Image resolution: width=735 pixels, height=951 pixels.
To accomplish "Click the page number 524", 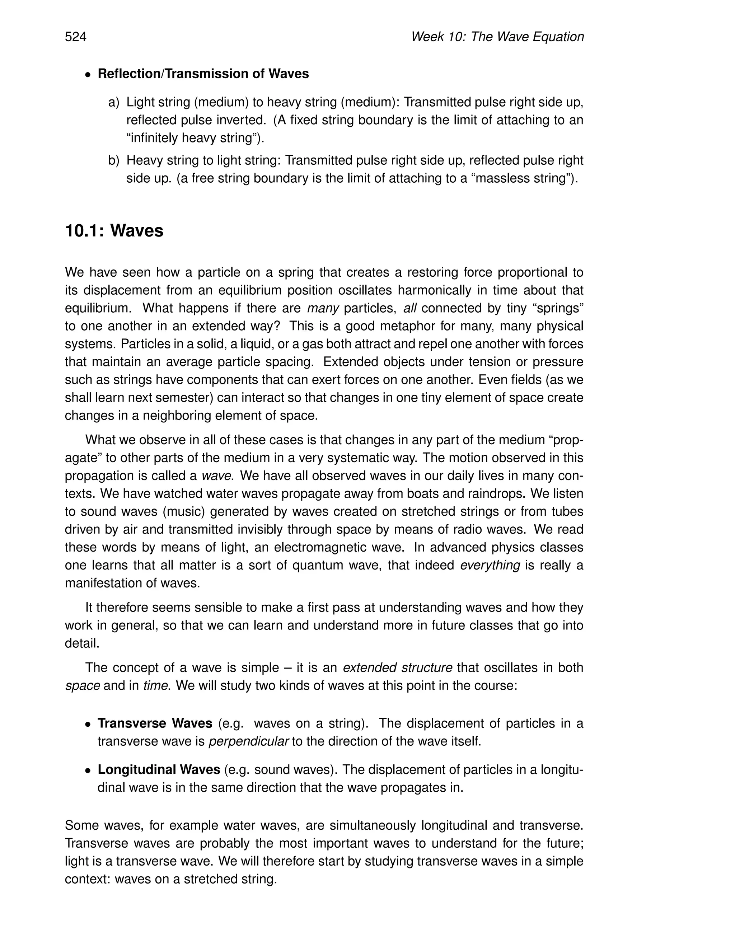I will tap(76, 37).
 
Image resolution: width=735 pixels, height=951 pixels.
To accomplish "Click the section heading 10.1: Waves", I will tap(114, 231).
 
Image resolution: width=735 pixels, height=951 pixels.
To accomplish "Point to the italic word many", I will tap(323, 308).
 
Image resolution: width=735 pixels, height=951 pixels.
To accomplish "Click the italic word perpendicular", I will tap(249, 741).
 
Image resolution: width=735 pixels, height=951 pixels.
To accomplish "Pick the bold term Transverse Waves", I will tap(155, 723).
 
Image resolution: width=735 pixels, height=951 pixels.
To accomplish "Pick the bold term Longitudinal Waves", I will tap(159, 769).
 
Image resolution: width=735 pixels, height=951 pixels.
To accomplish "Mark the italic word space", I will tap(82, 686).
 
